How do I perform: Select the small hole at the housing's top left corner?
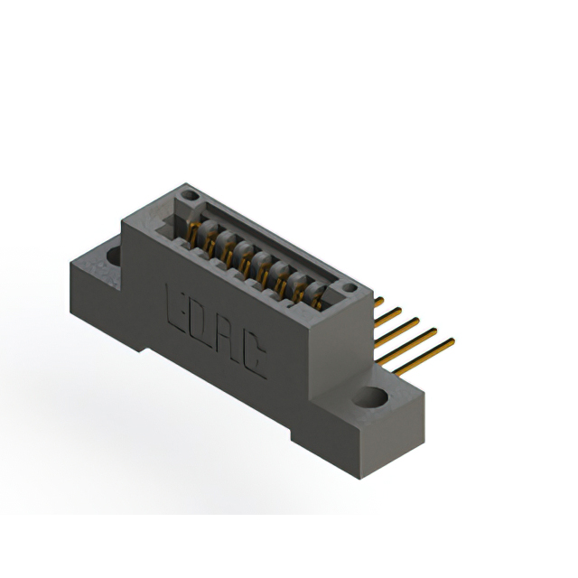click(x=188, y=194)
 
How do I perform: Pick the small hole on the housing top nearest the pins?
click(x=347, y=285)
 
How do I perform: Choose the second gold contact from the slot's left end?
click(x=210, y=239)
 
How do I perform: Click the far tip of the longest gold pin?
click(x=452, y=341)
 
